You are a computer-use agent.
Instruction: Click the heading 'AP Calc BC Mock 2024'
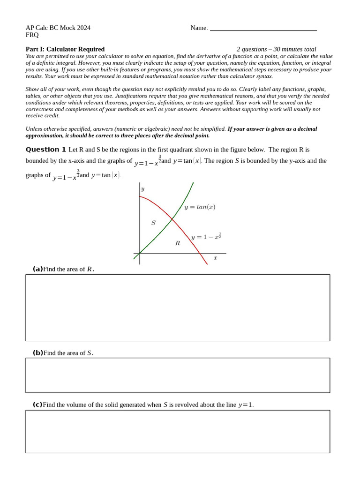58,28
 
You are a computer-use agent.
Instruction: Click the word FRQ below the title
32,35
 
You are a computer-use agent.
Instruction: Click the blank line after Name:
263,29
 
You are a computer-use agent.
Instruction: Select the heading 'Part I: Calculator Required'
65,49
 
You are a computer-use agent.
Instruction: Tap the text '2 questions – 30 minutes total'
276,49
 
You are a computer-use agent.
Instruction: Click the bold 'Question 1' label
46,150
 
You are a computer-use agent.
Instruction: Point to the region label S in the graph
153,223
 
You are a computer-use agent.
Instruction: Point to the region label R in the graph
178,243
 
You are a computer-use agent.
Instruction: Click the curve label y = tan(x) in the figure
200,207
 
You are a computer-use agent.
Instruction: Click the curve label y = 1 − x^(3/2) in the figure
206,236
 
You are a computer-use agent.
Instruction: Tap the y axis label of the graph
142,189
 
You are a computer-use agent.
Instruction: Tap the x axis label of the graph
215,258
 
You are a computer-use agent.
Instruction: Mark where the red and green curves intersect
172,219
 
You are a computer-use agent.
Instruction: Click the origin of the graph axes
139,254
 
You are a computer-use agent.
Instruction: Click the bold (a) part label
37,269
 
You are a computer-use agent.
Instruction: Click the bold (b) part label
37,353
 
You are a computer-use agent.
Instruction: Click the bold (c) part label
37,405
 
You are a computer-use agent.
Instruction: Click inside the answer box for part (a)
178,307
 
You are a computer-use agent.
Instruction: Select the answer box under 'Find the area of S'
178,375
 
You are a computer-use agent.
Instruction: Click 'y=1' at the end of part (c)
246,405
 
